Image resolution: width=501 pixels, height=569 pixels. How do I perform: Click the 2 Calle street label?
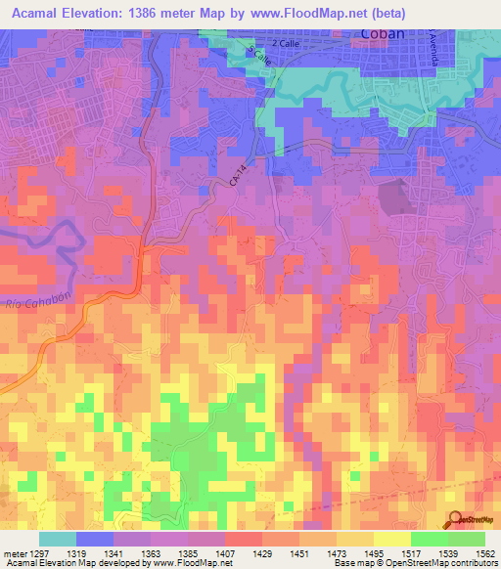(287, 45)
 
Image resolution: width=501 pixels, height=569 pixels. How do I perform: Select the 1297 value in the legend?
(37, 553)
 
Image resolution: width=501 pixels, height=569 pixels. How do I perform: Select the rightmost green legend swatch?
(467, 539)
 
